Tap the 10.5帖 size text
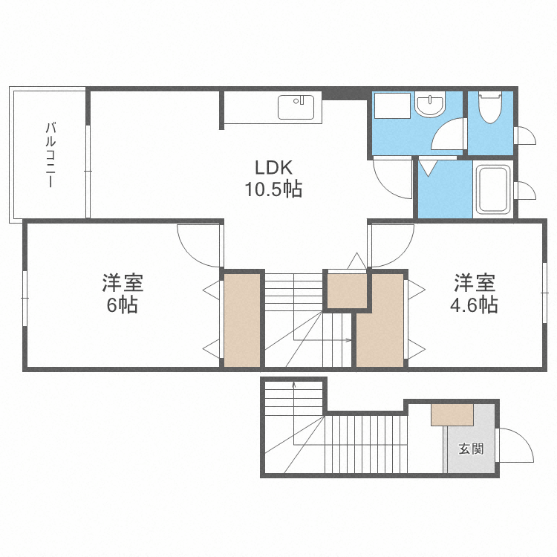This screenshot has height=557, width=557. point(273,189)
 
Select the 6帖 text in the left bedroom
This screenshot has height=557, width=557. point(122,304)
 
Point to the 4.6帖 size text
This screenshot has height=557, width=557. point(476,304)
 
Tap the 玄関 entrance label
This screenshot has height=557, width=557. point(471,449)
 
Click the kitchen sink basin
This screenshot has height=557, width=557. point(299,108)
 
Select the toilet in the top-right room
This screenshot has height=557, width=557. point(489,108)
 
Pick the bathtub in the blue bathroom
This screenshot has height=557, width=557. point(492,190)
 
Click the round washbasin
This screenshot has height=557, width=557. point(429,106)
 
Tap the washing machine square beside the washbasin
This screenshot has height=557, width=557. point(392,105)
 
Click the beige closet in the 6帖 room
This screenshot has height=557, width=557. point(241,320)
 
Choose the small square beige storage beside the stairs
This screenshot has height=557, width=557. point(347,290)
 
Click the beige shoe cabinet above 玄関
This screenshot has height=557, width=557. point(452,414)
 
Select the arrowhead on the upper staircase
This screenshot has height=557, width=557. point(349,340)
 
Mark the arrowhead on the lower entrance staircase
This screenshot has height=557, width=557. point(294,385)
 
